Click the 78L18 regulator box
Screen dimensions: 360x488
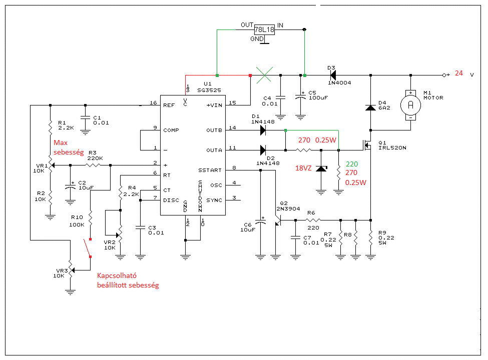[x=264, y=29]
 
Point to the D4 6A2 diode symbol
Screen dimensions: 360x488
[x=370, y=107]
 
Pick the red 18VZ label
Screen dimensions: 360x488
[x=302, y=168]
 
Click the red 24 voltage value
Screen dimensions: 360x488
[x=459, y=73]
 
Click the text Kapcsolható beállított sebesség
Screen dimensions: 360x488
[x=128, y=280]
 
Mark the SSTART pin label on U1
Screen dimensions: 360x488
[x=210, y=170]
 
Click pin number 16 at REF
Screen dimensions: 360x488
[x=153, y=103]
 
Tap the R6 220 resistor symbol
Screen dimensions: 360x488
[x=313, y=220]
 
